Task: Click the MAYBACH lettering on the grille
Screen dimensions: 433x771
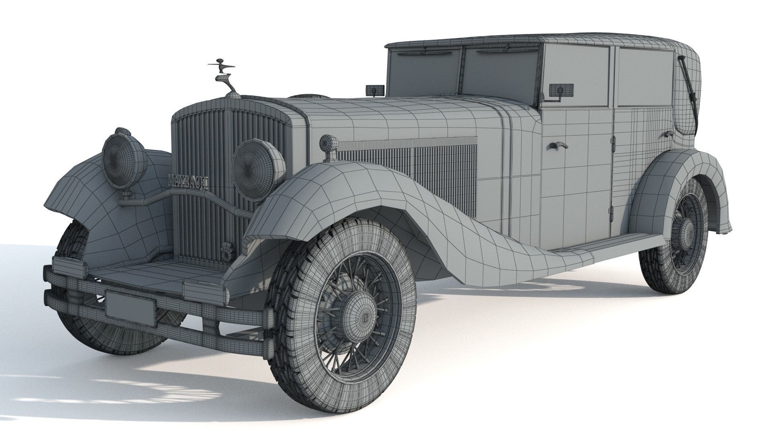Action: pyautogui.click(x=188, y=182)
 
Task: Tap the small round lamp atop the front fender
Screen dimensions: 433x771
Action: pyautogui.click(x=328, y=142)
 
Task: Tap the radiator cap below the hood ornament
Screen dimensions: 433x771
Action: pyautogui.click(x=233, y=95)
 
